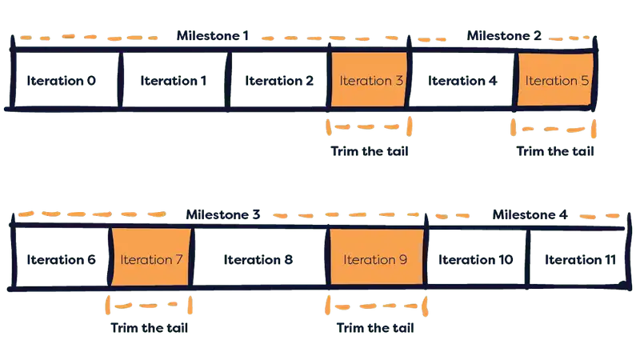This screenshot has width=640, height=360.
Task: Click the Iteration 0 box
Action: (62, 81)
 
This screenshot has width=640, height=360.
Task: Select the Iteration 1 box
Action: (174, 81)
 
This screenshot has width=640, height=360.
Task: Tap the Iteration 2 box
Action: (279, 81)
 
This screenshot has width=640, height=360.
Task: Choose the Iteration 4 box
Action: (463, 81)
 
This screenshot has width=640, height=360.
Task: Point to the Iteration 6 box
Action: (61, 260)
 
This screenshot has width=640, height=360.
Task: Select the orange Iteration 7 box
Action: (151, 260)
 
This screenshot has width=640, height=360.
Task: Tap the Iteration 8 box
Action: (258, 260)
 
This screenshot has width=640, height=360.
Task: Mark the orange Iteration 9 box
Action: (375, 260)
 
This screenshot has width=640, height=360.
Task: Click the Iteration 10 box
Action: (475, 260)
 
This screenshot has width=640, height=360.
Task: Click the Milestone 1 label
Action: (213, 36)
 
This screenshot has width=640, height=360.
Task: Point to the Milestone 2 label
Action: (504, 36)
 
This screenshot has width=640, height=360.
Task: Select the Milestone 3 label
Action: (223, 214)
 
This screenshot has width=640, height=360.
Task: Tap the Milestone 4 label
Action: (530, 214)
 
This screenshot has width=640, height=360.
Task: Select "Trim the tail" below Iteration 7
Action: (151, 327)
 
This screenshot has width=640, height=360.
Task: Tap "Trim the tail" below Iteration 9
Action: (376, 327)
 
